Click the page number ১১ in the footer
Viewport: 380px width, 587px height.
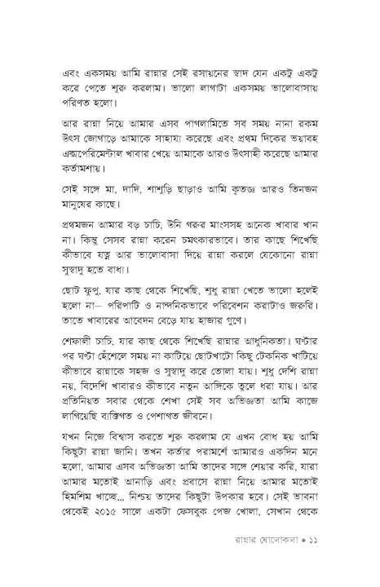coord(322,573)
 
